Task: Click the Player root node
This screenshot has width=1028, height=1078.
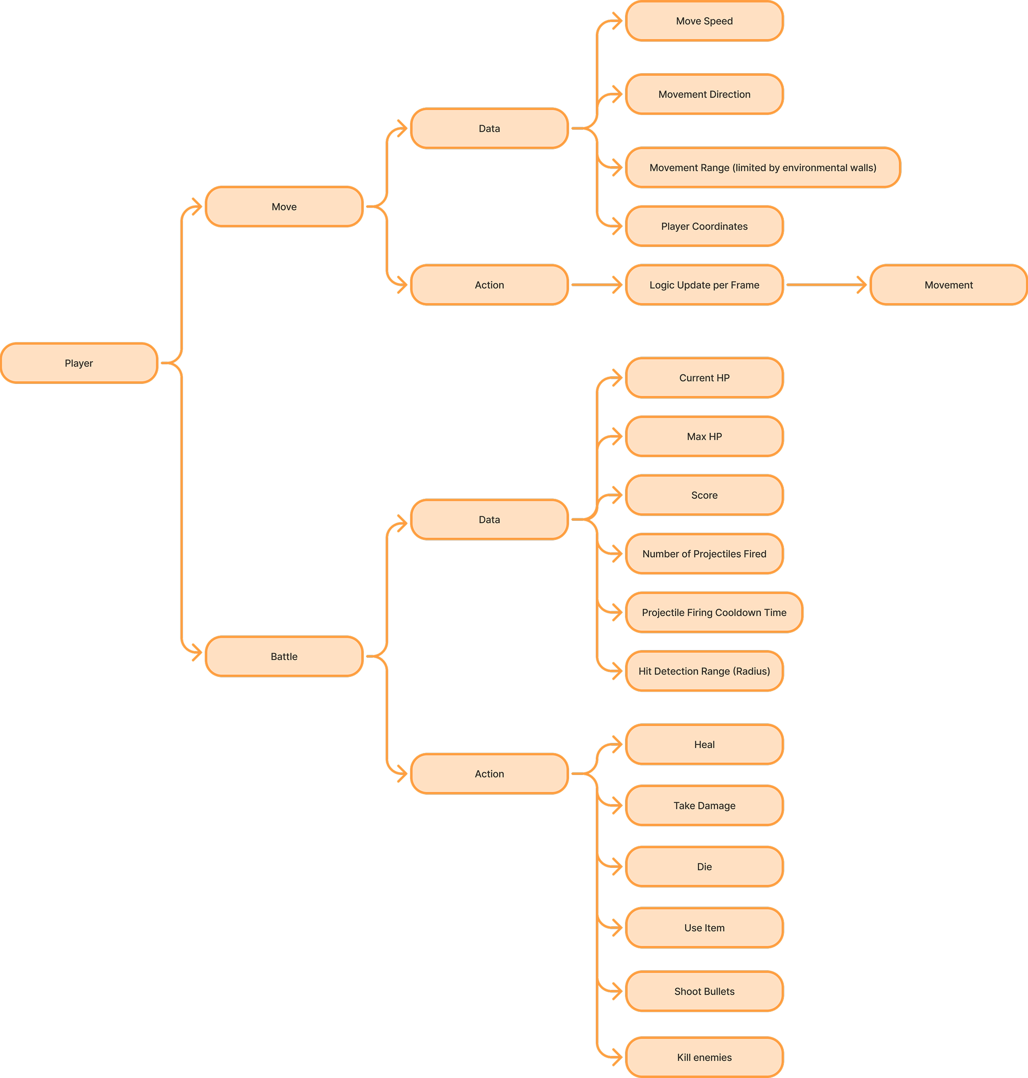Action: tap(79, 363)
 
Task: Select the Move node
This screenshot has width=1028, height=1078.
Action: tap(284, 207)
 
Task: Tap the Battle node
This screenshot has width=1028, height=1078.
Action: tap(284, 656)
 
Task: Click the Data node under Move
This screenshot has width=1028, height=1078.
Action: tap(489, 128)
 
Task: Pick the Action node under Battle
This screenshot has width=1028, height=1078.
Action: tap(489, 773)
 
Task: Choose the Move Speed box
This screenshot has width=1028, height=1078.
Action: tap(704, 21)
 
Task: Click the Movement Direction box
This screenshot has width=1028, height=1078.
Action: tap(704, 94)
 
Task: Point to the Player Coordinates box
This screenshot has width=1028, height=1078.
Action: tap(704, 226)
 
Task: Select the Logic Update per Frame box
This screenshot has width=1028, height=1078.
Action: tap(704, 285)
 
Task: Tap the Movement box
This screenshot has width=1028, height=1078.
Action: tap(949, 285)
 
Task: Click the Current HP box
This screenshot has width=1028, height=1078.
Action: tap(704, 378)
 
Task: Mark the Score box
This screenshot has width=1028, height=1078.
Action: tap(704, 495)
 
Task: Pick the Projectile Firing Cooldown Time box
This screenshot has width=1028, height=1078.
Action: tap(714, 612)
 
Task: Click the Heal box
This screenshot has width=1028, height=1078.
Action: tap(704, 744)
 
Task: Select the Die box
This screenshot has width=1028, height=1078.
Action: tap(704, 866)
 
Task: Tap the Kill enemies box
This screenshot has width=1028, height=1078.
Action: tap(704, 1057)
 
